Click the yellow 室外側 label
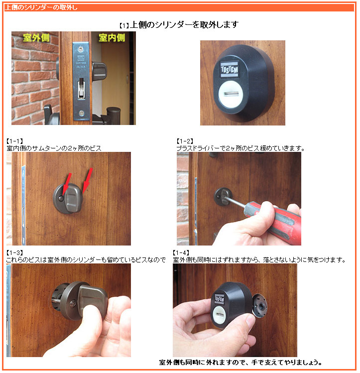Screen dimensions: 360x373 [36, 37]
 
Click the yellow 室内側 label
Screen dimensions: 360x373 [112, 37]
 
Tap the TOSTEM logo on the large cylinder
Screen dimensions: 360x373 [229, 69]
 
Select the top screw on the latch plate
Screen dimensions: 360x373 [81, 49]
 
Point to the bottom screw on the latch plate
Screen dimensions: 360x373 [81, 113]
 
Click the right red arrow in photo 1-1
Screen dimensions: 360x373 [87, 180]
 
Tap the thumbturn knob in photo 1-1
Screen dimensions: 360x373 [73, 199]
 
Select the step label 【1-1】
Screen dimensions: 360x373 [15, 141]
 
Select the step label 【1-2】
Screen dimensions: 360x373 [185, 141]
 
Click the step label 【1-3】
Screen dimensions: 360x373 [15, 252]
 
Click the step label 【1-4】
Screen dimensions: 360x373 [181, 252]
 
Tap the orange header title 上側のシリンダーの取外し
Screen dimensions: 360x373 [41, 7]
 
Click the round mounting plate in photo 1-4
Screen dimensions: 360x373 [259, 306]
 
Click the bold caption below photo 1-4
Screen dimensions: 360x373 [240, 363]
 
